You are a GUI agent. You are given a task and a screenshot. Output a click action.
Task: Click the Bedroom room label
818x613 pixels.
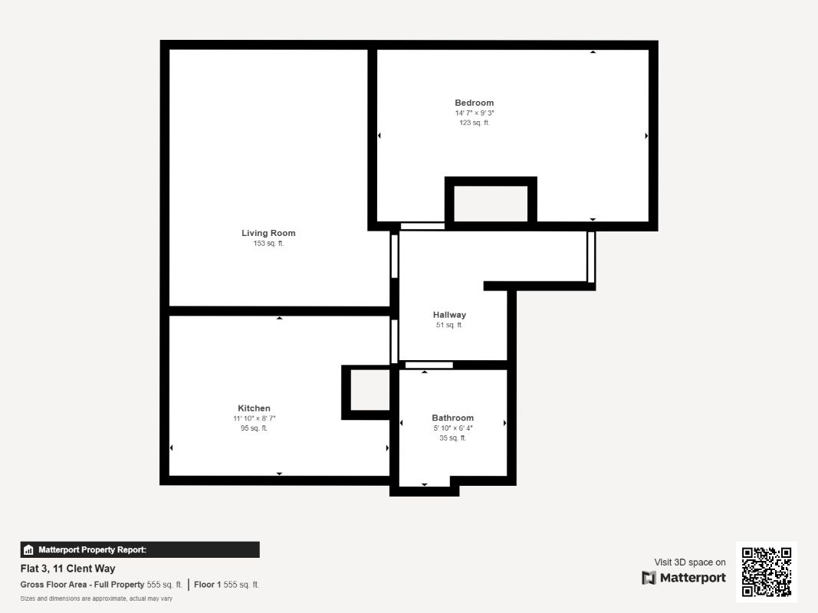(x=474, y=103)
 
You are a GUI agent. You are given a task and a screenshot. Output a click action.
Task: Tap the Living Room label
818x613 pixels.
(x=268, y=233)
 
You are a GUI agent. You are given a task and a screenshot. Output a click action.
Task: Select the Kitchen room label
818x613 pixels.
(x=254, y=408)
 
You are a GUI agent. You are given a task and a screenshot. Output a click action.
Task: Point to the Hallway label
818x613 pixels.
(x=449, y=315)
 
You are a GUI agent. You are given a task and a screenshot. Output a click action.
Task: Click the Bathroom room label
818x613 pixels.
(x=452, y=418)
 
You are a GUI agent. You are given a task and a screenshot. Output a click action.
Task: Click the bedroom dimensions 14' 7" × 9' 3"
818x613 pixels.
(x=474, y=113)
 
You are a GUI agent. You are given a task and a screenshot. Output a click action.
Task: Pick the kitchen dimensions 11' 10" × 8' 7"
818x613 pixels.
(x=254, y=418)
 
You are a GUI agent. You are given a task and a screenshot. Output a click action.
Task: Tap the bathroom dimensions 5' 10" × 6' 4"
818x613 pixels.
(x=452, y=428)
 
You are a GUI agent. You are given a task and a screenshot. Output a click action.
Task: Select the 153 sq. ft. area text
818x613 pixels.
(x=268, y=244)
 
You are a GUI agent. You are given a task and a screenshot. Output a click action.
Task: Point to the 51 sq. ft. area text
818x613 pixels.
(x=449, y=325)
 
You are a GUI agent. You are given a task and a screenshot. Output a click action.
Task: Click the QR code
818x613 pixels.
(x=766, y=572)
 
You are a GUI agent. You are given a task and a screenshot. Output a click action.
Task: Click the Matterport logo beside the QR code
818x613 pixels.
(x=684, y=578)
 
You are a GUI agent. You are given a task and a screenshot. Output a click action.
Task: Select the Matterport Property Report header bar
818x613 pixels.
(x=140, y=549)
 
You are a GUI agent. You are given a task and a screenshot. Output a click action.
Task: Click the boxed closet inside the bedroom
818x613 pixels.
(x=491, y=203)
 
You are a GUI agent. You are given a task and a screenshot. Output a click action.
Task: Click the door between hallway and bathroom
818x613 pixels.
(x=429, y=365)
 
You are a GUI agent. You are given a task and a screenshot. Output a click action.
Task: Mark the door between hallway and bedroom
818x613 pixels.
(x=422, y=226)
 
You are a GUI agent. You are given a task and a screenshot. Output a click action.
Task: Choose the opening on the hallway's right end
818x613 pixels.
(x=591, y=257)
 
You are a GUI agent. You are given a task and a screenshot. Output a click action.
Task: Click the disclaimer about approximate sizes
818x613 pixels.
(x=97, y=598)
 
